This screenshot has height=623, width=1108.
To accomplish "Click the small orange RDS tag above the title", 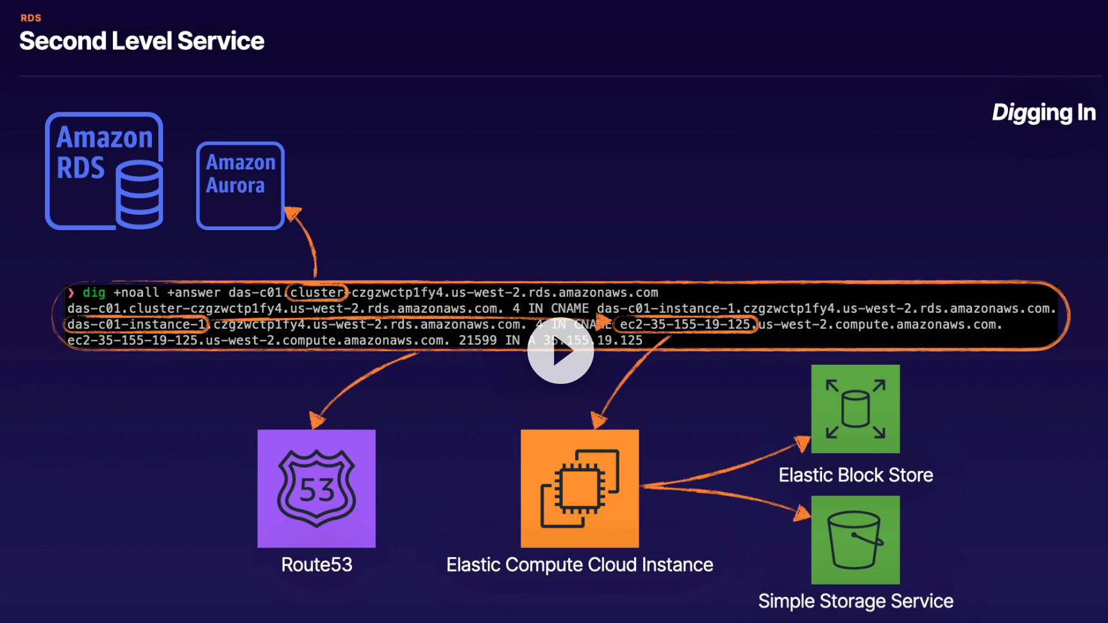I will [x=31, y=18].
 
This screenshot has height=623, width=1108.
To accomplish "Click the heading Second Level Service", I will [x=142, y=41].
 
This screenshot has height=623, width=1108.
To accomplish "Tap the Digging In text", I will [x=1043, y=113].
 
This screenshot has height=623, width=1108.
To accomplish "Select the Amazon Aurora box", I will [x=240, y=185].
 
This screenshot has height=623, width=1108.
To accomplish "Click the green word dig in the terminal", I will [x=94, y=293].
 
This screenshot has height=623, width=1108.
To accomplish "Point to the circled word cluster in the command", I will [x=317, y=293].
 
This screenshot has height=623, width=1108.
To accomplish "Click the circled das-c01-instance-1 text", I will [x=136, y=325].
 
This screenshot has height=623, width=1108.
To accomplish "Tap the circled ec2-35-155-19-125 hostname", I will [x=685, y=325].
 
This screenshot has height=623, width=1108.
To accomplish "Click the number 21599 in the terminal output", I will [x=478, y=340].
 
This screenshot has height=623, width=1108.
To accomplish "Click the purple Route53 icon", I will [x=316, y=488].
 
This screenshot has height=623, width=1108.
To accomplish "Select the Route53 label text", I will [x=317, y=565].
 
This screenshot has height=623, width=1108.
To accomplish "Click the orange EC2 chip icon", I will [x=580, y=488].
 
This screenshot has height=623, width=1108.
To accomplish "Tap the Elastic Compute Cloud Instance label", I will [x=580, y=565].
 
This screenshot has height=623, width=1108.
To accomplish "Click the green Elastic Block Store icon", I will [x=855, y=409].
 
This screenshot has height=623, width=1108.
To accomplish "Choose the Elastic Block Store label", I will [x=855, y=475].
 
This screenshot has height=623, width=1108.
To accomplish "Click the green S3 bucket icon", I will [x=855, y=540].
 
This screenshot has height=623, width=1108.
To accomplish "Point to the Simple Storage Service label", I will [x=855, y=601].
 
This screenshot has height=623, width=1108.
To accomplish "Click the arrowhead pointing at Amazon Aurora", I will [x=292, y=213].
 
